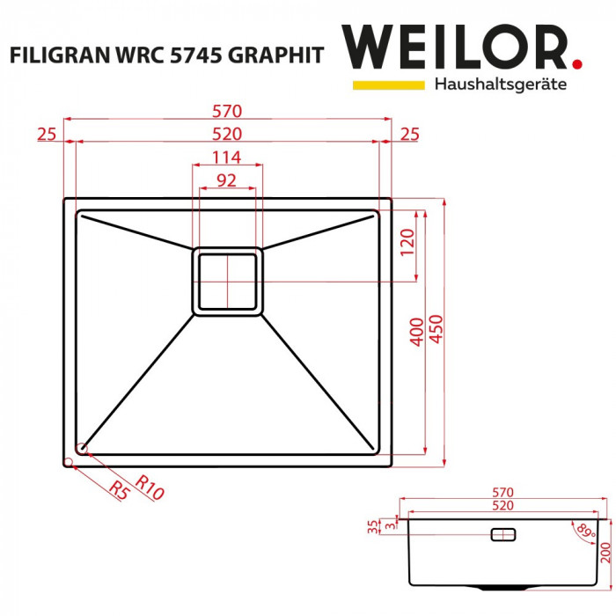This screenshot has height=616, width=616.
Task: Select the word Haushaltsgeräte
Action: point(500,84)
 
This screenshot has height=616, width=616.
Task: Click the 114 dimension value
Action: point(227,158)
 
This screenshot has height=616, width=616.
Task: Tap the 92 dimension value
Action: point(227,181)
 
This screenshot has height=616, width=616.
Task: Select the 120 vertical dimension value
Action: point(406,241)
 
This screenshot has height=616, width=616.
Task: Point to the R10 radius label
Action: point(150,488)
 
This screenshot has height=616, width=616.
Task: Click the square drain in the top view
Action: point(228,280)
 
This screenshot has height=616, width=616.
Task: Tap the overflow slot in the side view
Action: point(502,533)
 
